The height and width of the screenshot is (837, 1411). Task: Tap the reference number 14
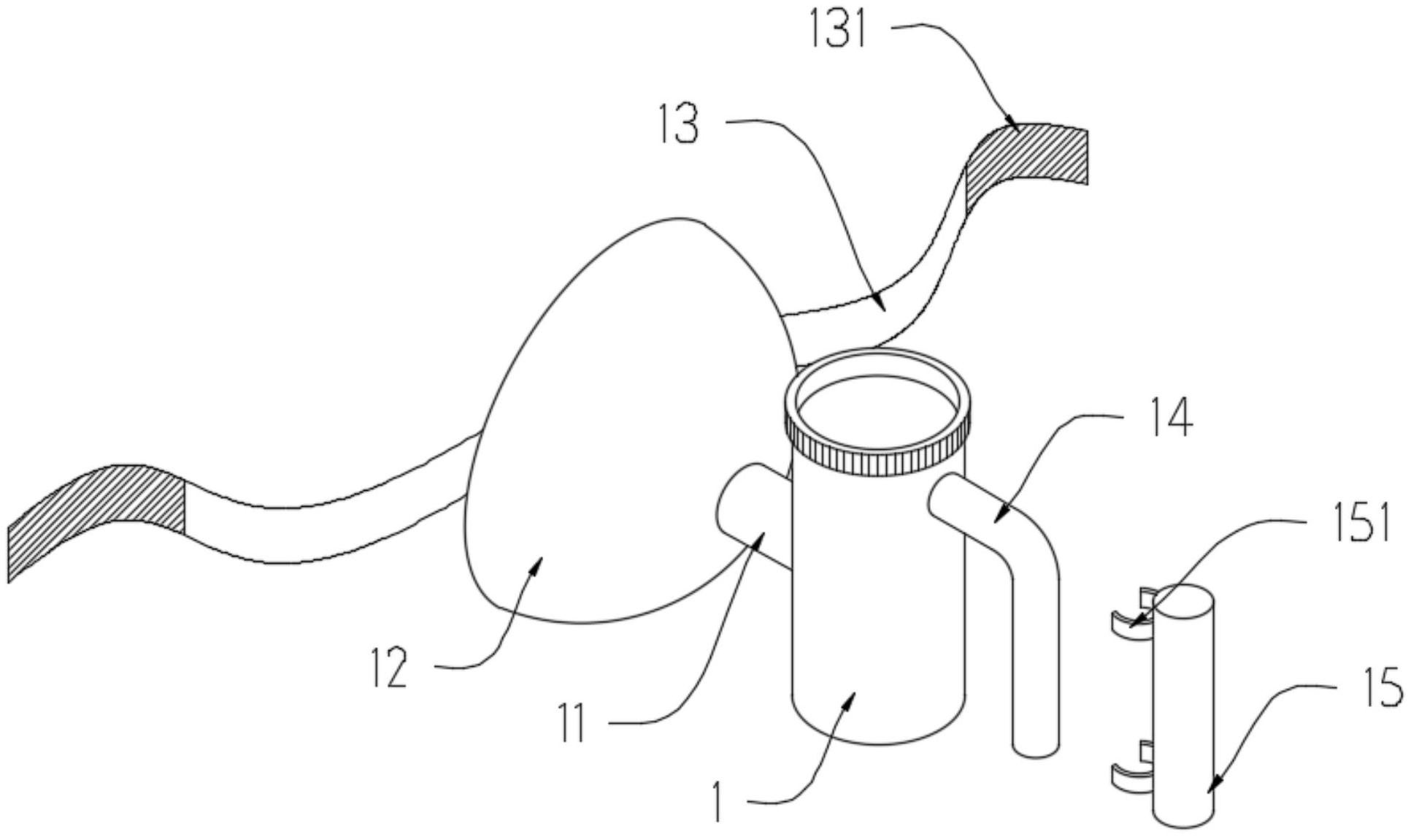coord(1171,418)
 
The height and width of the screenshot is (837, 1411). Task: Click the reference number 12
coord(389,667)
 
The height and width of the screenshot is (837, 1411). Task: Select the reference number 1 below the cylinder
coord(719,802)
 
